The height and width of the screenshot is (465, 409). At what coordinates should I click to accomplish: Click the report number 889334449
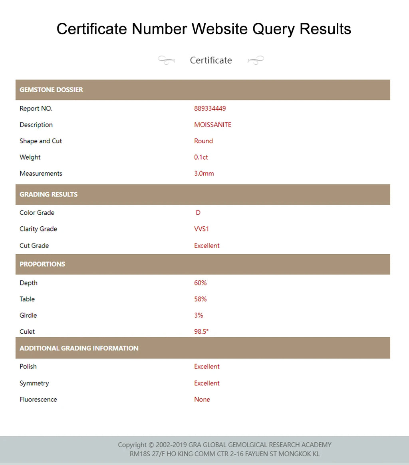(x=210, y=109)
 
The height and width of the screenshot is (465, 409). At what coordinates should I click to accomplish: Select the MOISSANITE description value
(x=212, y=125)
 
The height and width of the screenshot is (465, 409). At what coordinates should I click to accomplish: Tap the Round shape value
(x=203, y=141)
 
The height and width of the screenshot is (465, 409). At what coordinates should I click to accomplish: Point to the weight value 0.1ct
(x=201, y=157)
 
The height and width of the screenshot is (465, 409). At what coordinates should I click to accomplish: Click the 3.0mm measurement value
(x=204, y=174)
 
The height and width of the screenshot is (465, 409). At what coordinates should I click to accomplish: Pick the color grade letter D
(x=198, y=213)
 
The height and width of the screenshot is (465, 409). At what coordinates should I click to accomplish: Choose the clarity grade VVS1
(x=201, y=229)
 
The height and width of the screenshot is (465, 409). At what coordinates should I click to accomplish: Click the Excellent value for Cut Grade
(x=206, y=245)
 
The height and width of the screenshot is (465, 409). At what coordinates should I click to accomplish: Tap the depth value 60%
(x=200, y=283)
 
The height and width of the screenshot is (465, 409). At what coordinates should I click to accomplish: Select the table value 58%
(x=200, y=299)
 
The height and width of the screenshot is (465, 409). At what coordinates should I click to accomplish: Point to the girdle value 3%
(x=199, y=315)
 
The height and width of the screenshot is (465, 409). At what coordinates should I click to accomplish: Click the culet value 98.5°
(x=201, y=332)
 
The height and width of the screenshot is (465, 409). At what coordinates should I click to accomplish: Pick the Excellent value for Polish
(x=206, y=366)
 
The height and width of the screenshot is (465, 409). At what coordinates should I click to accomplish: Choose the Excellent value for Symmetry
(x=206, y=383)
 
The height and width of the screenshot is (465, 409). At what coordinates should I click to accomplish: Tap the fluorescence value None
(x=202, y=400)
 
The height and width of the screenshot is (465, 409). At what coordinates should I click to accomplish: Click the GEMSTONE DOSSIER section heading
(x=51, y=90)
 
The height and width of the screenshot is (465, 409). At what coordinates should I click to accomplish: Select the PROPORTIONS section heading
(x=42, y=264)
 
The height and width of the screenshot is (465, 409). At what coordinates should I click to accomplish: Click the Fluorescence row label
(x=38, y=400)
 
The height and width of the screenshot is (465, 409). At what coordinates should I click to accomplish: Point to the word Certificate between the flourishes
(x=210, y=60)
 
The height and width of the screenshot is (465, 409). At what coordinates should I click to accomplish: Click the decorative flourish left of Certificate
(x=166, y=60)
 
